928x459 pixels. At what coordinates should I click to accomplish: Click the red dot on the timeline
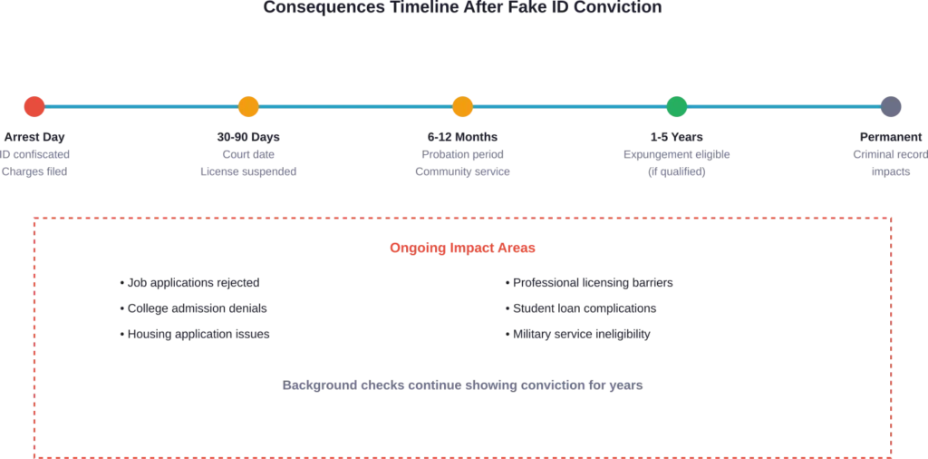34,107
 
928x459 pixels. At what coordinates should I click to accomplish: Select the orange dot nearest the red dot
246,107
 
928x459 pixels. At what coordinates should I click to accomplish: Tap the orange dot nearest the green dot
462,107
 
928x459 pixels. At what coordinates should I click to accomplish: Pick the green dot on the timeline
677,107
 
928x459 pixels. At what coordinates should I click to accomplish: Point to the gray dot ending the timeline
892,107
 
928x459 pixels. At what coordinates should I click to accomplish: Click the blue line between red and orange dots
140,106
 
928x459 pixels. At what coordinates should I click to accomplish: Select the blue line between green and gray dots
784,106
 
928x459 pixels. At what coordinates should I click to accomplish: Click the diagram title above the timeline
464,7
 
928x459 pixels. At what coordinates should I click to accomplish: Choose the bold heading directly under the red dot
34,137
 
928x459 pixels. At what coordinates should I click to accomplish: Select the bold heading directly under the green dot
677,137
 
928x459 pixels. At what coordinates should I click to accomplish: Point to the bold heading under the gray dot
892,137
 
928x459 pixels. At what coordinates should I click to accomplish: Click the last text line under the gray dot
892,172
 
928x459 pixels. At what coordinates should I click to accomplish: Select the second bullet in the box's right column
580,310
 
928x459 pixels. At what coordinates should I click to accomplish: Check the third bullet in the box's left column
196,334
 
